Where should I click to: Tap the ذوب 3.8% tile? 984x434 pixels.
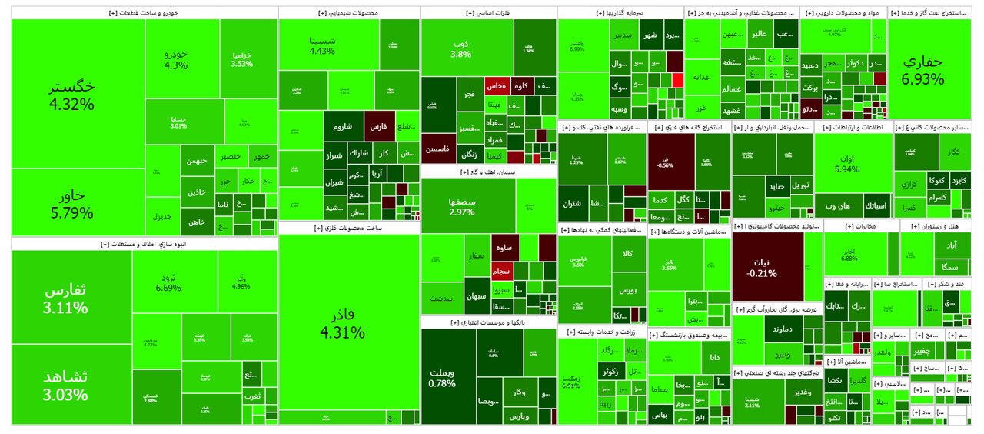tap(460, 48)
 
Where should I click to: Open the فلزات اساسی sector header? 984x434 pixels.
tap(488, 13)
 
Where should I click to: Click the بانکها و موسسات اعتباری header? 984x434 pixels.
tap(489, 322)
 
